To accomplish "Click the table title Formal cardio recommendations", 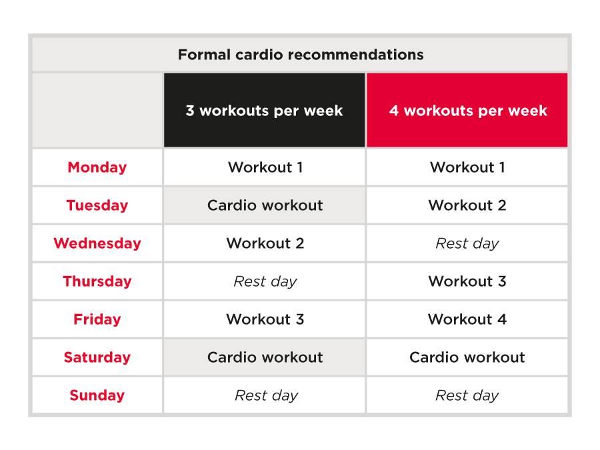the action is click(x=301, y=55).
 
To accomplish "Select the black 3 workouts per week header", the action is click(x=265, y=110).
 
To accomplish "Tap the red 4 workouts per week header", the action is click(x=467, y=110).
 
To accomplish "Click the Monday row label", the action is click(x=97, y=167).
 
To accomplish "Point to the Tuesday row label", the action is click(x=97, y=205).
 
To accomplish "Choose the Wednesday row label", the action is click(x=97, y=243).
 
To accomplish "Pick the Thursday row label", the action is click(x=97, y=281).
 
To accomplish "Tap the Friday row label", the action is click(x=97, y=319).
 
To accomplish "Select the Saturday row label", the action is click(x=97, y=357).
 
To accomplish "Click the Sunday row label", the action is click(x=97, y=395).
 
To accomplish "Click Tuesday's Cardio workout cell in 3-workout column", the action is click(x=265, y=205).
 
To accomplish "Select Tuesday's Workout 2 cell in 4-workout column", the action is click(x=467, y=205).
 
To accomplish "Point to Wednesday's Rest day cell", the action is click(x=467, y=243).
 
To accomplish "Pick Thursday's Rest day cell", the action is click(x=265, y=281).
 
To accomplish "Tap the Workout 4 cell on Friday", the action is click(x=467, y=319).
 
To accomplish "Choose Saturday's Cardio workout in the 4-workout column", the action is click(x=467, y=357).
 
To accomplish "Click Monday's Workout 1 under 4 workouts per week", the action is click(x=467, y=167).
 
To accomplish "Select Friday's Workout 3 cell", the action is click(x=265, y=319).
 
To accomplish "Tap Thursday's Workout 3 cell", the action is click(x=467, y=281).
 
